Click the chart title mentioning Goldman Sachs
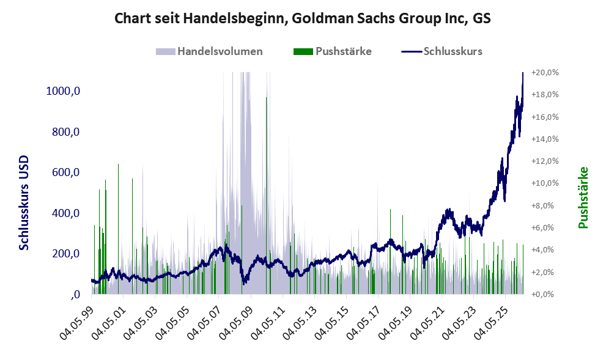coord(303,18)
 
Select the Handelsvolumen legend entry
coord(209,51)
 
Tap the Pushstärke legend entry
coord(333,51)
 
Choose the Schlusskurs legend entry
coord(442,51)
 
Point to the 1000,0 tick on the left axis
coord(63,91)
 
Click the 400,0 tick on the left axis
coord(65,213)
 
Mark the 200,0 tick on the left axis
coord(65,254)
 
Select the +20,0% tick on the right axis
coord(545,73)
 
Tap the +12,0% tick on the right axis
coord(545,161)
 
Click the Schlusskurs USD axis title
coord(24,203)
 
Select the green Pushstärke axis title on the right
coord(583,197)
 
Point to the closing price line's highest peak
coord(523,73)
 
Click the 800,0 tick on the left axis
coord(65,132)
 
